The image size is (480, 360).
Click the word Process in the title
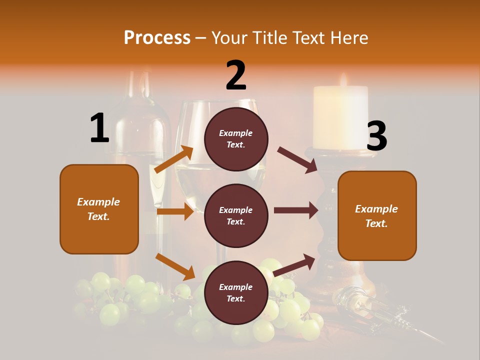157,38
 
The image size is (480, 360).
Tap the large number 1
99,128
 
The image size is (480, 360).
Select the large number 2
236,75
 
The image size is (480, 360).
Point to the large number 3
376,136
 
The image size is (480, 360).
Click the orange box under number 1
99,209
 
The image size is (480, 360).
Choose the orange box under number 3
377,215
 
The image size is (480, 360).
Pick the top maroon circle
236,138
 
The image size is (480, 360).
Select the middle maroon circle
236,215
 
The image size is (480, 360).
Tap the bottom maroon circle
236,292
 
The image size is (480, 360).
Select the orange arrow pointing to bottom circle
175,266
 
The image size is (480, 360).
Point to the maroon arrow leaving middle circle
295,210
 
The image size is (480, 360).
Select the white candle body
340,117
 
